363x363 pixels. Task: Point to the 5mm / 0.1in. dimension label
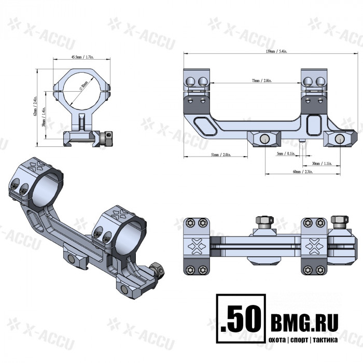click(x=272, y=154)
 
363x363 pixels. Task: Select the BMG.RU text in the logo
click(x=303, y=322)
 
